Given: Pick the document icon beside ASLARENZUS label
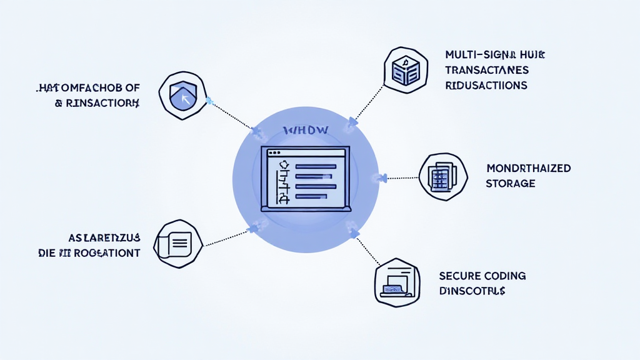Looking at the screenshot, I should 177,244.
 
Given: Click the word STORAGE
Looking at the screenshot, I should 510,184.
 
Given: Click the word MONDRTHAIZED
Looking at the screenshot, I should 527,169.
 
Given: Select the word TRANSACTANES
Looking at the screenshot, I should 487,69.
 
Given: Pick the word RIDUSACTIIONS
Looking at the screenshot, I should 486,85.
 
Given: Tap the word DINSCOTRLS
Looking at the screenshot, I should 472,291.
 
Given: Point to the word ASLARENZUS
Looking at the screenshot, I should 104,238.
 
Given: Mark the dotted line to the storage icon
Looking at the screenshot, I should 403,178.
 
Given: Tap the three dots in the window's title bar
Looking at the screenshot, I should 274,153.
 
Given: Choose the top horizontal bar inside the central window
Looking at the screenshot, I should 316,167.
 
